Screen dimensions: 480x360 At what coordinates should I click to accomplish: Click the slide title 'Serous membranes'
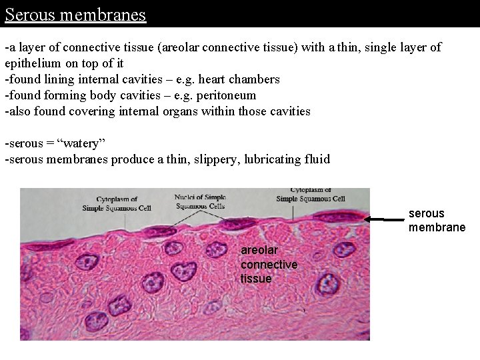point(75,14)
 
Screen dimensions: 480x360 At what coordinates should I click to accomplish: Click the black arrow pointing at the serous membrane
point(386,218)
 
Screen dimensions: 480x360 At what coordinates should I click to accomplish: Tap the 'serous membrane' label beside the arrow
point(436,221)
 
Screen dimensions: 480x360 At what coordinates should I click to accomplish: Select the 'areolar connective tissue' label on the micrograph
point(269,265)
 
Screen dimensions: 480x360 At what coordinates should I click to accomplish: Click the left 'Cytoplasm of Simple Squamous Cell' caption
point(117,203)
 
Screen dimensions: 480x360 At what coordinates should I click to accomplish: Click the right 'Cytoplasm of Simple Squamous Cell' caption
point(310,194)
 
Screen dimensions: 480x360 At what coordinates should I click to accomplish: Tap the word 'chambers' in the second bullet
point(256,79)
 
